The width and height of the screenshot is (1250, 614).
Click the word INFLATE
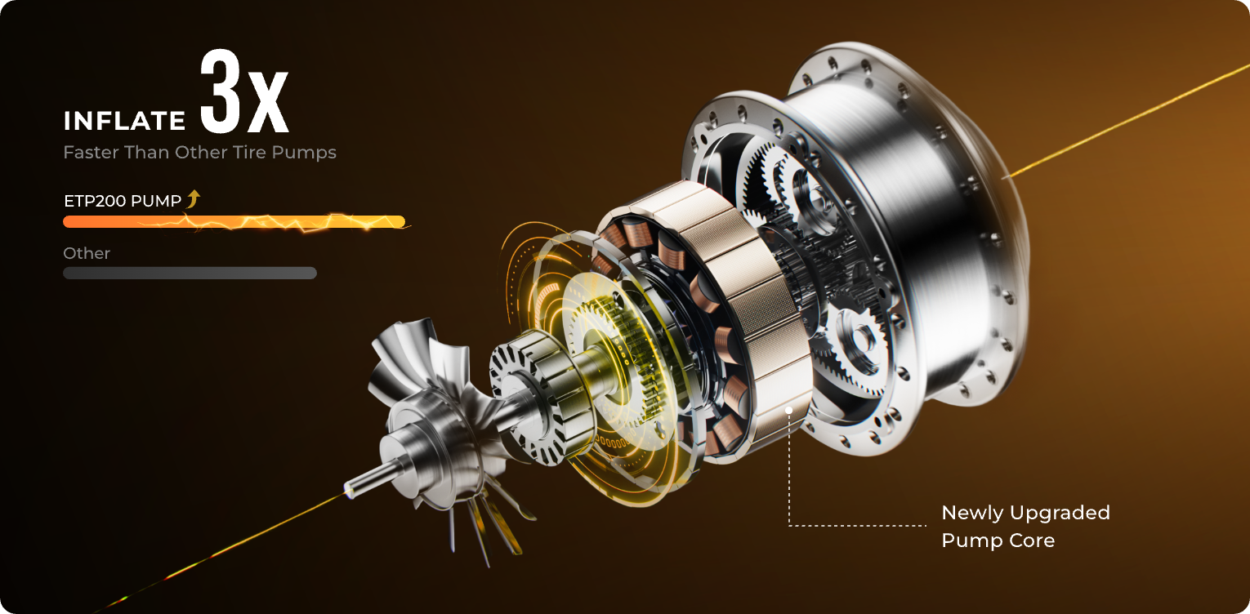(124, 121)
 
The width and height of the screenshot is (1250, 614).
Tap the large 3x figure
(243, 92)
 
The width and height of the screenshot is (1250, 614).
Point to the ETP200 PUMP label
(123, 201)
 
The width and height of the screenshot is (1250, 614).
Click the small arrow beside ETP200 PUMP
(194, 198)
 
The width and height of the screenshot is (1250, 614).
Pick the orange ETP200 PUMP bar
(234, 222)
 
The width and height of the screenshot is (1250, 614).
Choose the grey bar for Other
(190, 273)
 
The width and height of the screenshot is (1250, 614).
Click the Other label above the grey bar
(87, 253)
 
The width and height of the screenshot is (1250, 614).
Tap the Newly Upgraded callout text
(1025, 513)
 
